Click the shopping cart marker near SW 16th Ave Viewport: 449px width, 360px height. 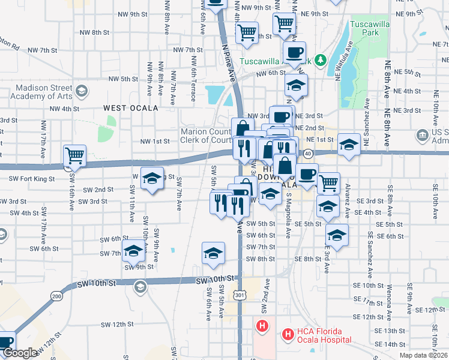click(75, 157)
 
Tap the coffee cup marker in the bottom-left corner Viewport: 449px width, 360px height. click(5, 342)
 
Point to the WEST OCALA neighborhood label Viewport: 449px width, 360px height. click(130, 108)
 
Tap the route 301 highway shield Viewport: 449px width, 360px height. click(240, 295)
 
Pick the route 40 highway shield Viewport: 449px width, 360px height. click(307, 154)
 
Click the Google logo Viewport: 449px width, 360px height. click(21, 353)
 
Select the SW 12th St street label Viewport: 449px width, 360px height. click(116, 324)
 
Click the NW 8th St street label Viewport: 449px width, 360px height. click(93, 32)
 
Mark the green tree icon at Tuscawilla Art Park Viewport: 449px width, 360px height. click(321, 60)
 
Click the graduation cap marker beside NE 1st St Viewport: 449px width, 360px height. click(348, 144)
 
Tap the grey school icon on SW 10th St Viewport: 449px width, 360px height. click(140, 286)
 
